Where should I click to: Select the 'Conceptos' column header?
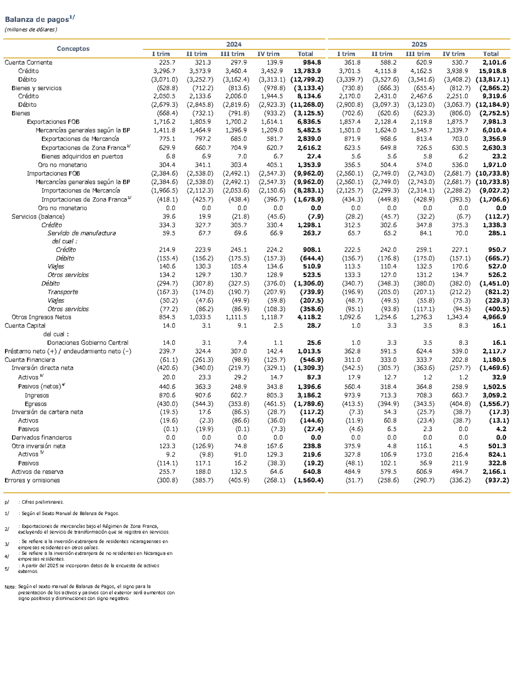(73, 48)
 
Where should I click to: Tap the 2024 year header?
(234, 45)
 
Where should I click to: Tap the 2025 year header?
(419, 45)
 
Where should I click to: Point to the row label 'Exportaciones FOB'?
(53, 122)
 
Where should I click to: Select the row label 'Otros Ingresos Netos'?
(41, 317)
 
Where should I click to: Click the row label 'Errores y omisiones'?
(32, 480)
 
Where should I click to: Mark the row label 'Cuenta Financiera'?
(30, 360)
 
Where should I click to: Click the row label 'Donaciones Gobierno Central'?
(87, 343)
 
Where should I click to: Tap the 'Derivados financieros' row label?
(41, 438)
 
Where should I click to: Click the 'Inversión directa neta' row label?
(42, 368)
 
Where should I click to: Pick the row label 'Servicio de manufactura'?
(82, 233)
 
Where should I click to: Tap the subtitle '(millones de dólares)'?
(31, 30)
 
